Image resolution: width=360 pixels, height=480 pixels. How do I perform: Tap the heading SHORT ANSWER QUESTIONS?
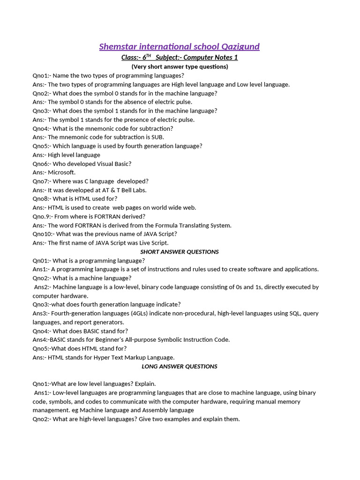(x=180, y=252)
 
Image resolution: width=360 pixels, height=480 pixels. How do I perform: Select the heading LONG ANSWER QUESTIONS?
(x=180, y=366)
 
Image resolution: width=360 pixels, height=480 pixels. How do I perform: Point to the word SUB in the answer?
(x=157, y=137)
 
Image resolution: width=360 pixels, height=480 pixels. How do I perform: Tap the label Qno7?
(x=40, y=181)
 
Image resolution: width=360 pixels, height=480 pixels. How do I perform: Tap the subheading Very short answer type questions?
(x=180, y=67)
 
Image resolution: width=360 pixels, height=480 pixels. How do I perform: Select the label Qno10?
(x=42, y=234)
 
